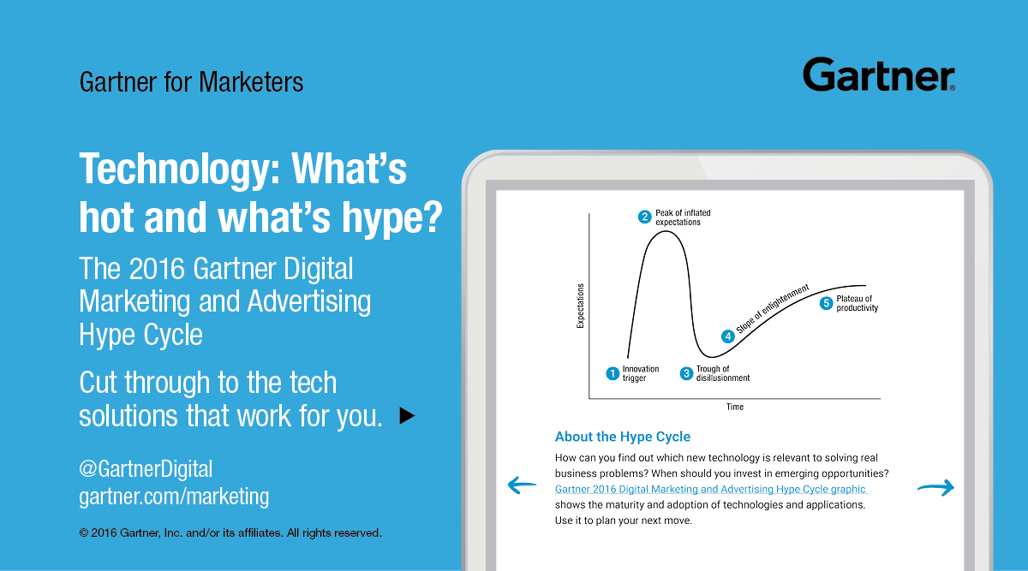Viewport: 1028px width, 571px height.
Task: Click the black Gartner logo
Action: click(x=879, y=74)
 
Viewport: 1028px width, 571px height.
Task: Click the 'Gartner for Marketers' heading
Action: click(x=191, y=82)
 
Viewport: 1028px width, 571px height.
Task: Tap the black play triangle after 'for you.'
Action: click(x=407, y=415)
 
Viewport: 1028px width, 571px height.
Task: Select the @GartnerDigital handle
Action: click(x=146, y=469)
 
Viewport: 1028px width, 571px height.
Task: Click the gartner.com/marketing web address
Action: click(x=174, y=497)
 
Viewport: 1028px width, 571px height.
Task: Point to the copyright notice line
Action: click(x=230, y=533)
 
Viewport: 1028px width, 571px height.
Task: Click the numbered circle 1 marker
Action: click(x=613, y=373)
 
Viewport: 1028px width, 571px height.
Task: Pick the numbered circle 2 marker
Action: click(x=645, y=217)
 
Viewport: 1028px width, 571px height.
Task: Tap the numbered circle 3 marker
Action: click(x=686, y=373)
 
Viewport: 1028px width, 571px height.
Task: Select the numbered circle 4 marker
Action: click(x=728, y=336)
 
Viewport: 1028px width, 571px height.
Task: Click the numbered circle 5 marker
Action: click(x=826, y=303)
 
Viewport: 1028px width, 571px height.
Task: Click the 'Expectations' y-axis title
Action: click(x=581, y=306)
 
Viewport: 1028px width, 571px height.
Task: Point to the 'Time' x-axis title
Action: click(x=735, y=407)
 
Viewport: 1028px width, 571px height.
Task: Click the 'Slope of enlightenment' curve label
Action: click(x=773, y=308)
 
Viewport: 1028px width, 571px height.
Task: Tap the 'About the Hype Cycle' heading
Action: click(x=622, y=437)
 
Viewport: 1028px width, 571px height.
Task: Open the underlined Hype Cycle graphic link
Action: click(x=710, y=490)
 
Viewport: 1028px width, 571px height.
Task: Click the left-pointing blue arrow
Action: click(x=522, y=485)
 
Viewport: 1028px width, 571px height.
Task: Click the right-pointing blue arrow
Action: click(x=935, y=487)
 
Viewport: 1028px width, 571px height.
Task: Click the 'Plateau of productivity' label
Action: click(x=857, y=303)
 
